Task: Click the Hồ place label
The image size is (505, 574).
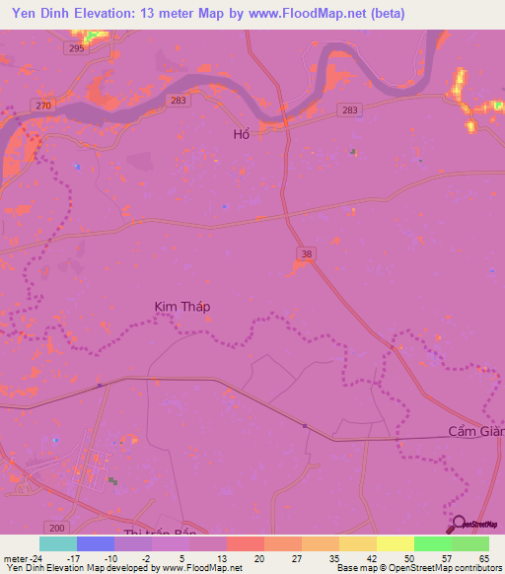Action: tap(241, 133)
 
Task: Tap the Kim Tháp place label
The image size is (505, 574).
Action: tap(182, 307)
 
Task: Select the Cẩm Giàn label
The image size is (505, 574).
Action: tap(476, 432)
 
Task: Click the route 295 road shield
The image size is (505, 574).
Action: tap(75, 47)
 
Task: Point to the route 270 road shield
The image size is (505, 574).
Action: tap(41, 106)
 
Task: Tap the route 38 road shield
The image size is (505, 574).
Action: tap(307, 254)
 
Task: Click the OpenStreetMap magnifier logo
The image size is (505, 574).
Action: tap(459, 525)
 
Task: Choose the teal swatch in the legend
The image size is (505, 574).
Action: tap(57, 543)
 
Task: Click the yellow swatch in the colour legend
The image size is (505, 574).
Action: tap(395, 543)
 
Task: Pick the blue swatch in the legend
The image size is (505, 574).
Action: tap(95, 543)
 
